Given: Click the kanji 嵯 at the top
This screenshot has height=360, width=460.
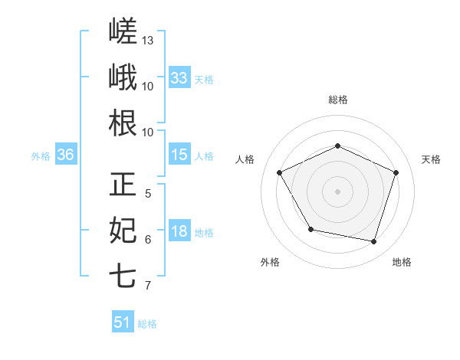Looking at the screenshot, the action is (123, 31).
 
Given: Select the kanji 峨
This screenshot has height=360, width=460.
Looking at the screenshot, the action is (123, 77).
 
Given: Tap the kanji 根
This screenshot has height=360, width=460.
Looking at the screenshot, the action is (123, 123).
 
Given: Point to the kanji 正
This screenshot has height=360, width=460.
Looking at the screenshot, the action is (123, 184).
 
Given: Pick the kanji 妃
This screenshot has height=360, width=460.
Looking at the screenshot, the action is (123, 230).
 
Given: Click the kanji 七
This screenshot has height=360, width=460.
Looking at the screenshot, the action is (123, 276).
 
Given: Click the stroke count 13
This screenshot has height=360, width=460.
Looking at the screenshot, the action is (147, 41).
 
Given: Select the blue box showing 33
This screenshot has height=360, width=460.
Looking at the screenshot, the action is (179, 77).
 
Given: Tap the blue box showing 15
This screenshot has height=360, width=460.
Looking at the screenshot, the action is (179, 154).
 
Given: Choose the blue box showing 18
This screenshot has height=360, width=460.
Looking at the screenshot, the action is (179, 230).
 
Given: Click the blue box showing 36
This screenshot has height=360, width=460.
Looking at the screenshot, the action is (66, 154).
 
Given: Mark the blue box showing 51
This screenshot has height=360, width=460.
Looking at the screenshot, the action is (123, 321).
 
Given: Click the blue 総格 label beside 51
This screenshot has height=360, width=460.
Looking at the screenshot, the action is (147, 324).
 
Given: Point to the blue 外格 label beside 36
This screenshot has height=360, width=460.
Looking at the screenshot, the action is (41, 156).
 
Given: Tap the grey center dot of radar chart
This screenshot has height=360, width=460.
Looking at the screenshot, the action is (337, 191).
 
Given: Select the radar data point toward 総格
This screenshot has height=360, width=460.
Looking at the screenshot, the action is (337, 146).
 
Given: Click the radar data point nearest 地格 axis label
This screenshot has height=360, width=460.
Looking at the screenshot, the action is (373, 241).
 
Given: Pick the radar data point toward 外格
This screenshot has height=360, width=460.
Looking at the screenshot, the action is (311, 229).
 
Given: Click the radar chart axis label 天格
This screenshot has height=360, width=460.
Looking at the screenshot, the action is (431, 159).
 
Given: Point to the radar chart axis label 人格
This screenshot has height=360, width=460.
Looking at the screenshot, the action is (245, 159).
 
